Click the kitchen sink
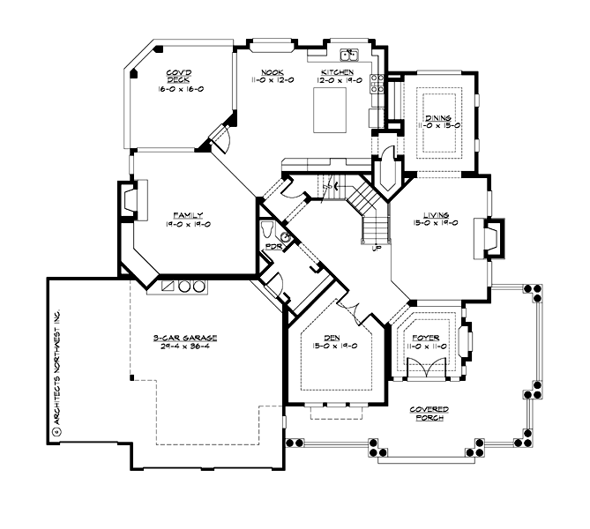(x=349, y=55)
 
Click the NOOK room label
(x=272, y=72)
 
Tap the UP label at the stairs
(x=377, y=249)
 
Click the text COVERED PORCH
(x=430, y=414)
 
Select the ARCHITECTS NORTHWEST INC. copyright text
(x=56, y=371)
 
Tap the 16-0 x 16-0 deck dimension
(x=180, y=89)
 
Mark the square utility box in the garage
(x=167, y=287)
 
